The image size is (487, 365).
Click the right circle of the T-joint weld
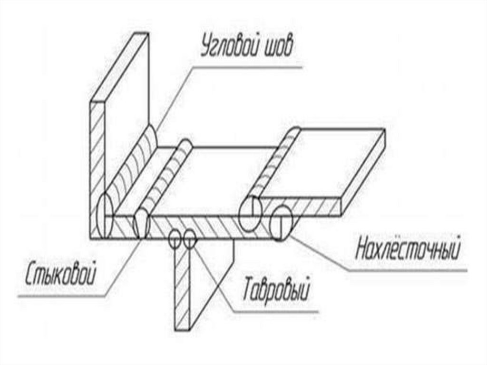click(189, 237)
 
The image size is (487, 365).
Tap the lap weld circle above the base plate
click(250, 213)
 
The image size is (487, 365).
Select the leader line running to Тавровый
click(216, 281)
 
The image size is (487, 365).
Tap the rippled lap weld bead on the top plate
click(273, 164)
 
